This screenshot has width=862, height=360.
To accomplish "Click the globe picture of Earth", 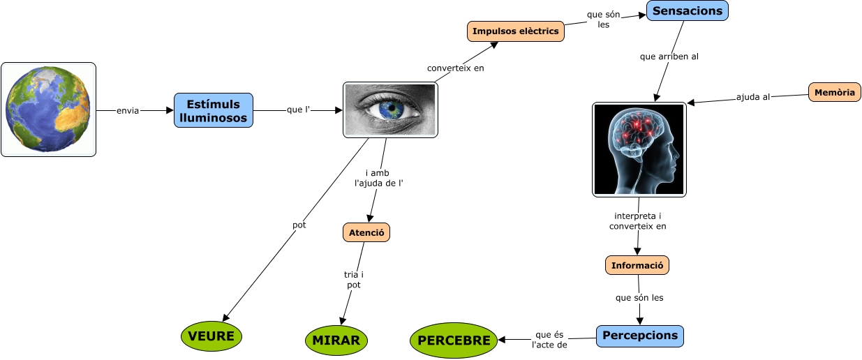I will pyautogui.click(x=48, y=109).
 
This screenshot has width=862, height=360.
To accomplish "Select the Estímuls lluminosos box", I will pyautogui.click(x=213, y=110).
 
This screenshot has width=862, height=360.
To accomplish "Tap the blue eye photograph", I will pyautogui.click(x=390, y=110).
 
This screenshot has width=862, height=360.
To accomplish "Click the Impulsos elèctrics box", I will pyautogui.click(x=515, y=31).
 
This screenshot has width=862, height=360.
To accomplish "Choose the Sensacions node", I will pyautogui.click(x=687, y=10).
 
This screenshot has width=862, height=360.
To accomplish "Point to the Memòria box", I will pyautogui.click(x=834, y=92).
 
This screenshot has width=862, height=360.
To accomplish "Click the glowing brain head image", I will pyautogui.click(x=639, y=149).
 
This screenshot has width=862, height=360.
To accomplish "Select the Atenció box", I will pyautogui.click(x=366, y=232).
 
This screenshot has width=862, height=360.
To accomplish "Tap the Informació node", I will pyautogui.click(x=637, y=265).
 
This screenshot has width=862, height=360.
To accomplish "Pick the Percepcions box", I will pyautogui.click(x=639, y=336).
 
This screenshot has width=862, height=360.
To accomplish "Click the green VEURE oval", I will pyautogui.click(x=211, y=336).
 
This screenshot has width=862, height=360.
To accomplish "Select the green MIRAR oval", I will pyautogui.click(x=336, y=340).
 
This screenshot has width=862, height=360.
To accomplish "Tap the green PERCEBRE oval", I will pyautogui.click(x=454, y=340).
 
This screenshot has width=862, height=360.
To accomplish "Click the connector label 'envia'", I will pyautogui.click(x=128, y=110).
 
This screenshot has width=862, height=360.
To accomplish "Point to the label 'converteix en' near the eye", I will pyautogui.click(x=455, y=68).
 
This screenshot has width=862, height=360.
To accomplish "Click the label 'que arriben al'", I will pyautogui.click(x=669, y=57).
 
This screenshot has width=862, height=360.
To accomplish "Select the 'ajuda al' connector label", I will pyautogui.click(x=752, y=97).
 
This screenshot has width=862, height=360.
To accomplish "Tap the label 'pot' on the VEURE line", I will pyautogui.click(x=299, y=225).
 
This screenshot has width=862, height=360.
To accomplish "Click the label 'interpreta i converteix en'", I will pyautogui.click(x=637, y=220).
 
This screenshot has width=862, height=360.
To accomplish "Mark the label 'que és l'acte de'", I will pyautogui.click(x=549, y=339).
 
